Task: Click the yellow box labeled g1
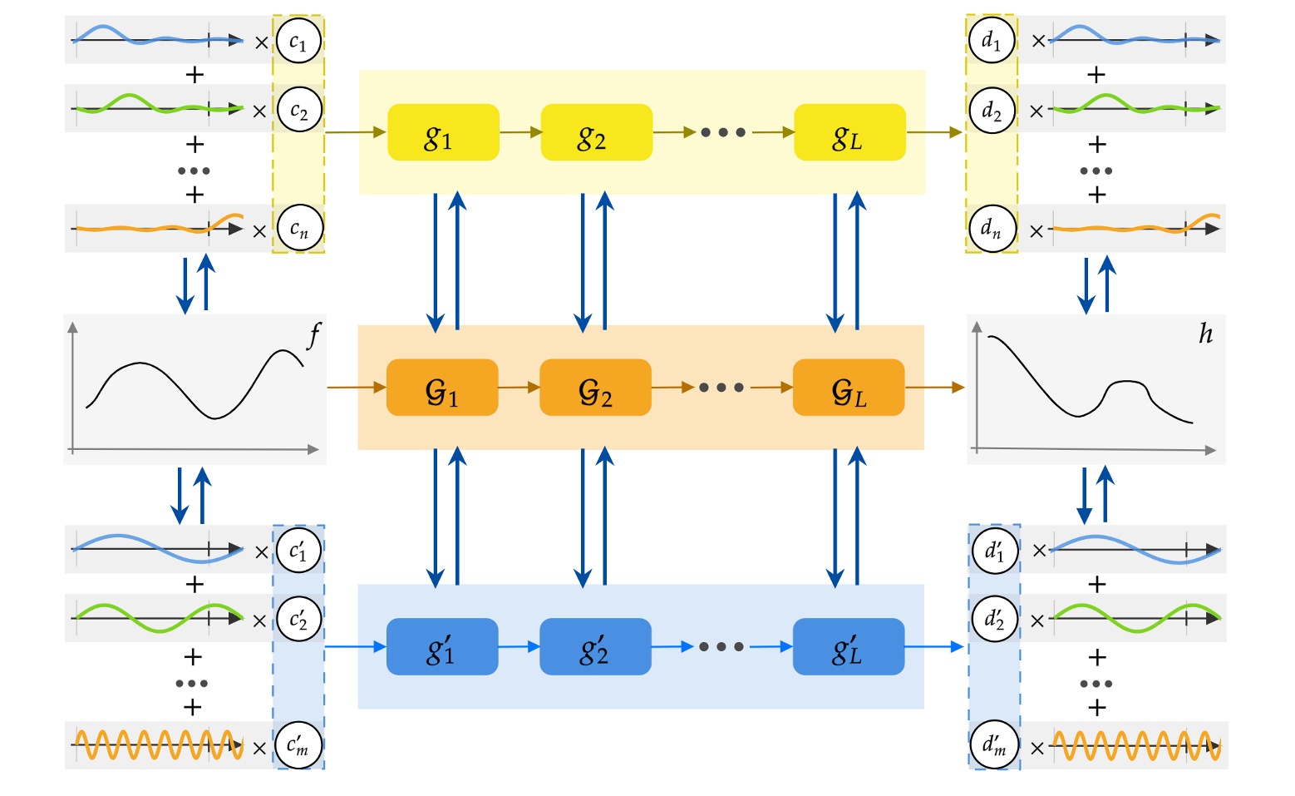click(443, 132)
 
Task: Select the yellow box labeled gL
click(849, 132)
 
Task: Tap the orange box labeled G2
click(595, 388)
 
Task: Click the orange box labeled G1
click(442, 388)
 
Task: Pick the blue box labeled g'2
click(595, 646)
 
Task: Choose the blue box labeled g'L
click(849, 646)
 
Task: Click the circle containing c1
click(298, 41)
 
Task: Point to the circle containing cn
click(298, 228)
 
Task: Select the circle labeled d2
click(992, 110)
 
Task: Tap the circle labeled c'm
click(298, 745)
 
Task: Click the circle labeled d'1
click(994, 550)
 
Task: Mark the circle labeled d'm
click(994, 745)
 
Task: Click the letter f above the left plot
click(313, 335)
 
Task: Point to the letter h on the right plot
click(1205, 334)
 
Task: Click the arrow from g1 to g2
click(520, 132)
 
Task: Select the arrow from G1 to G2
click(519, 388)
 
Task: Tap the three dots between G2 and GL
click(721, 388)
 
